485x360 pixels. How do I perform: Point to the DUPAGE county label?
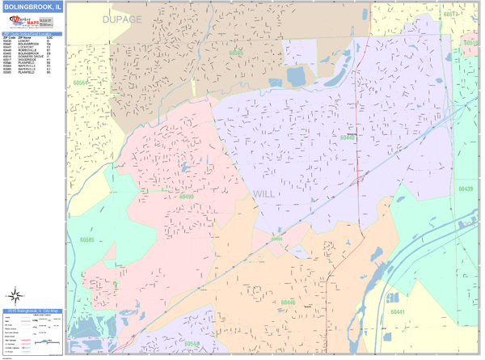(x=121, y=19)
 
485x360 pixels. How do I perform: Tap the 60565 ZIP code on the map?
(x=236, y=53)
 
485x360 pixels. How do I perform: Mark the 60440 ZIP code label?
(x=348, y=138)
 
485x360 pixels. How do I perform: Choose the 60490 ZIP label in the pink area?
(x=187, y=196)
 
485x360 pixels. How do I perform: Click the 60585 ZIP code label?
(x=86, y=240)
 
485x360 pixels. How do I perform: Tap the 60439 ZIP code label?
(x=464, y=188)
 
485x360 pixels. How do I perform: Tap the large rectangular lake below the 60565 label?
(x=294, y=78)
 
